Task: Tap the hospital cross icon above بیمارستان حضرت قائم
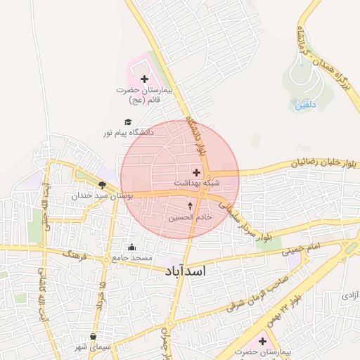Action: (144, 79)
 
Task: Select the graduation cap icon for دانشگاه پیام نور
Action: (127, 122)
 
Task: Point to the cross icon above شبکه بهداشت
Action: (196, 172)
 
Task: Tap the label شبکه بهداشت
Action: (196, 182)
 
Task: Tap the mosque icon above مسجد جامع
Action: (131, 247)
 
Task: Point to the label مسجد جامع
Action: (131, 257)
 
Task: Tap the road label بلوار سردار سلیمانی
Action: (243, 223)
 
